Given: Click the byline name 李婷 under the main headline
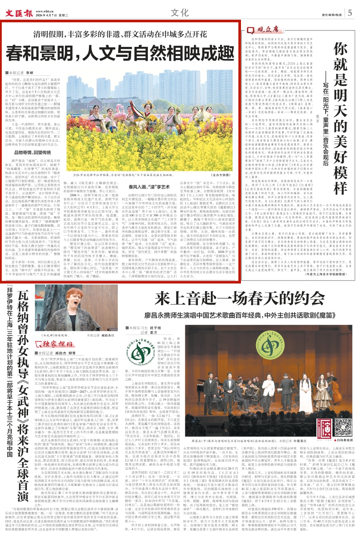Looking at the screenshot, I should coord(30,72).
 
